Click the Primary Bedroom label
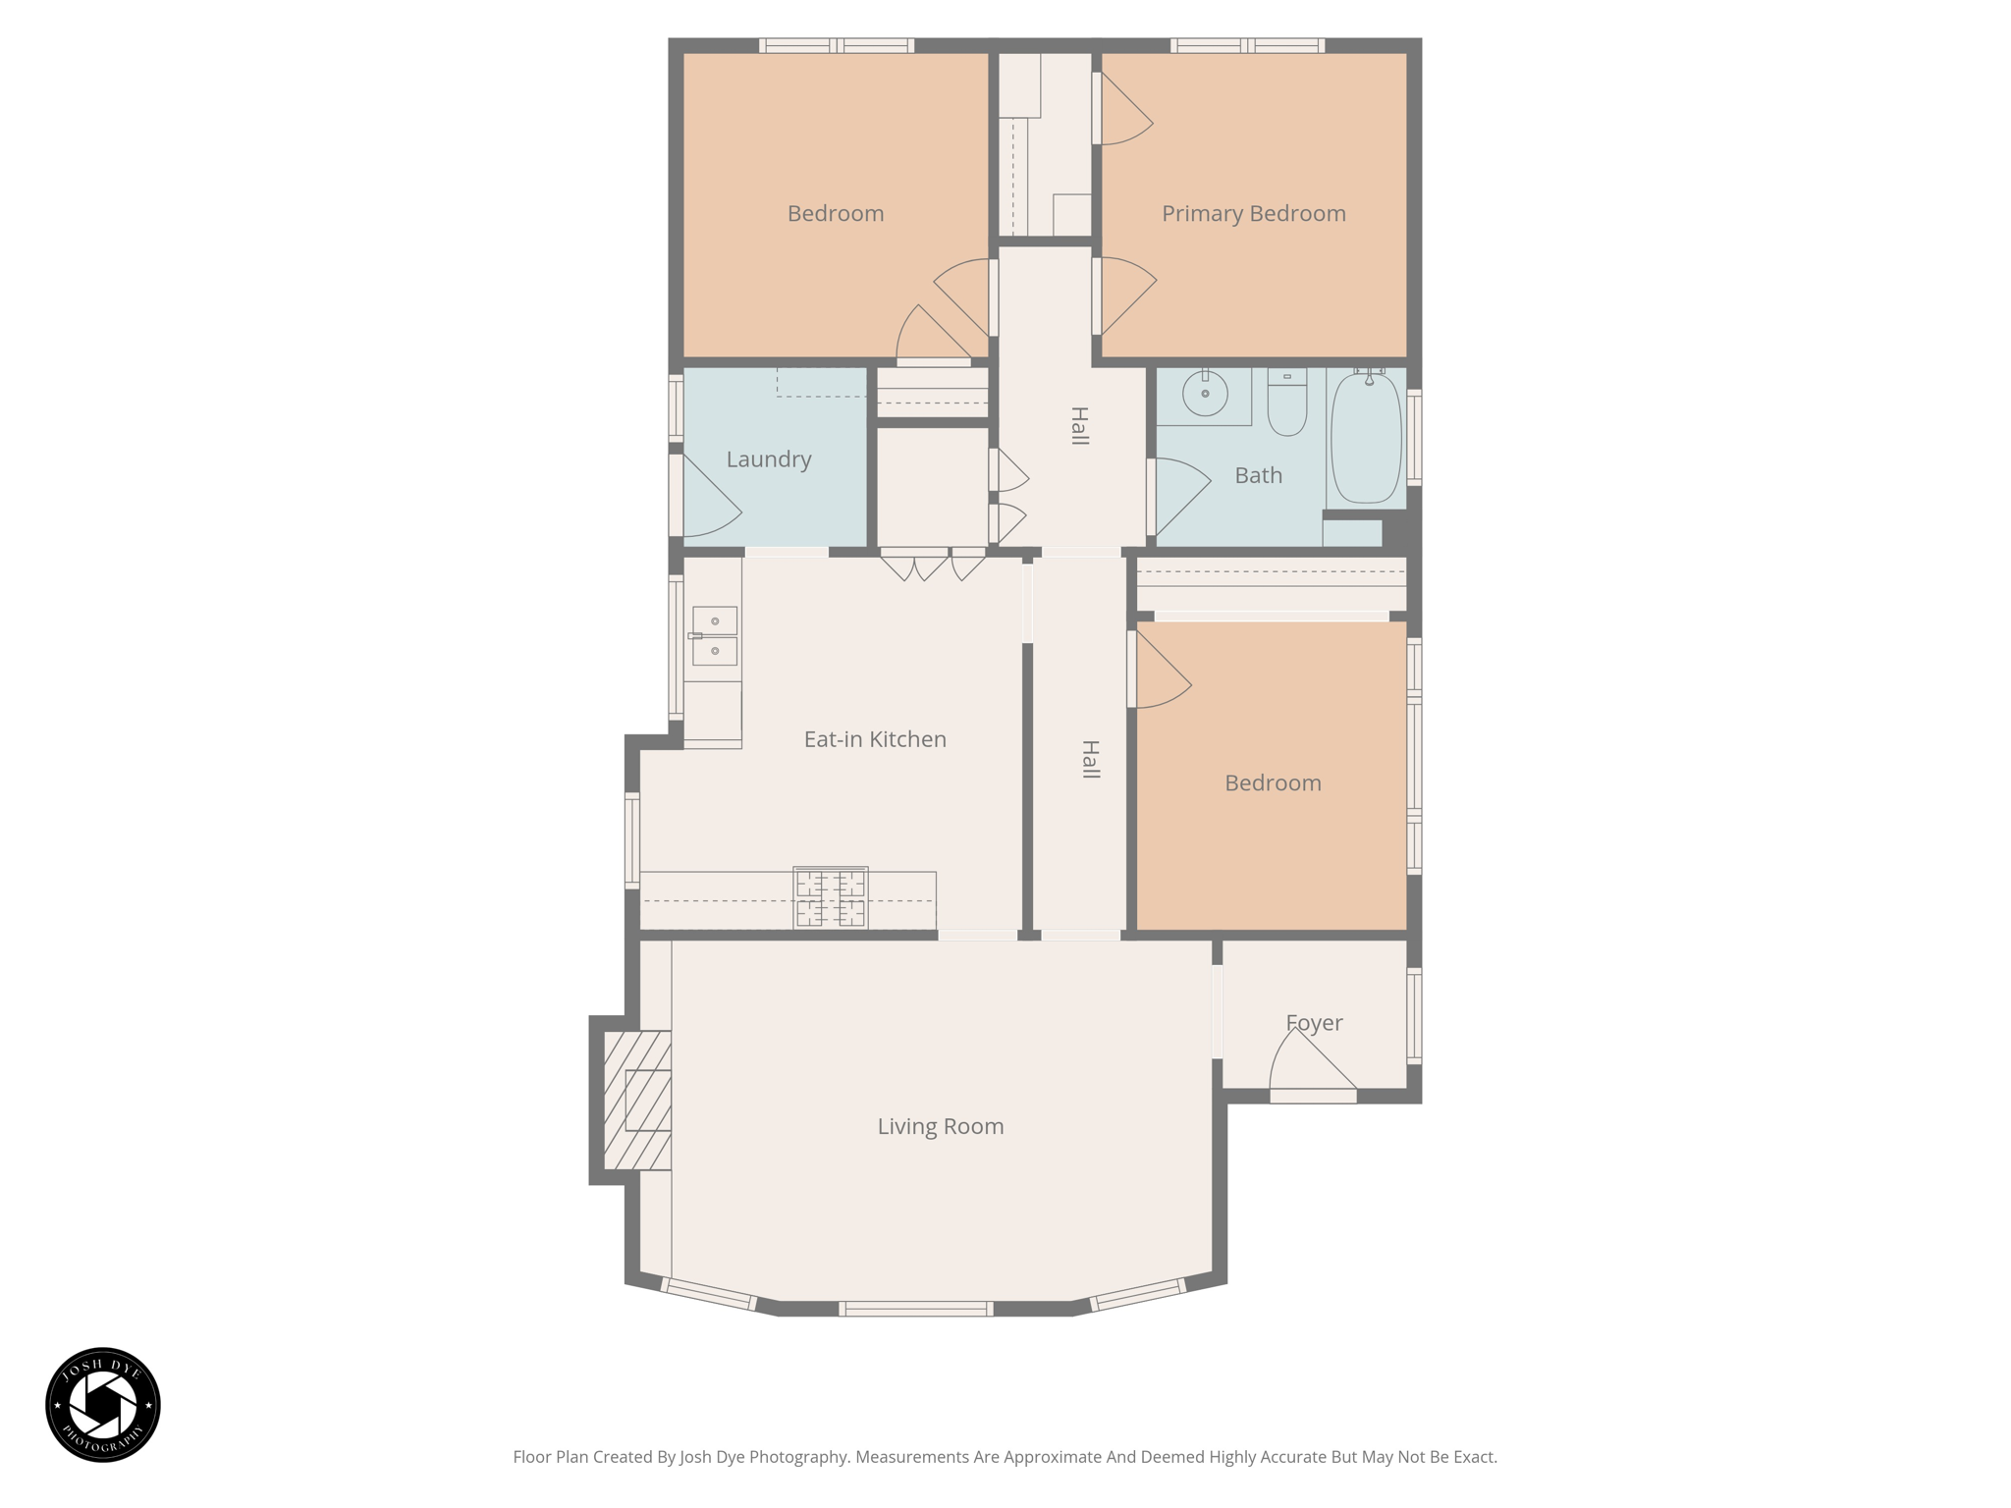1253,214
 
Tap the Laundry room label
769,459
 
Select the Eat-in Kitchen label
875,739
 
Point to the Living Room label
941,1126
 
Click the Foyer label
1314,1023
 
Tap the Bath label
1258,476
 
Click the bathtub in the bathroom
1366,438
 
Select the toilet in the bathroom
1286,404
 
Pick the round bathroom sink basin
1205,394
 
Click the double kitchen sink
715,636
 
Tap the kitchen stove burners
831,897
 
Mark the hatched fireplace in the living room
638,1101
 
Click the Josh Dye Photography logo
103,1404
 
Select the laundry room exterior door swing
709,501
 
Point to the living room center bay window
915,1309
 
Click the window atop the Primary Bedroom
1247,45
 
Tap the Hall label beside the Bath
1079,426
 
